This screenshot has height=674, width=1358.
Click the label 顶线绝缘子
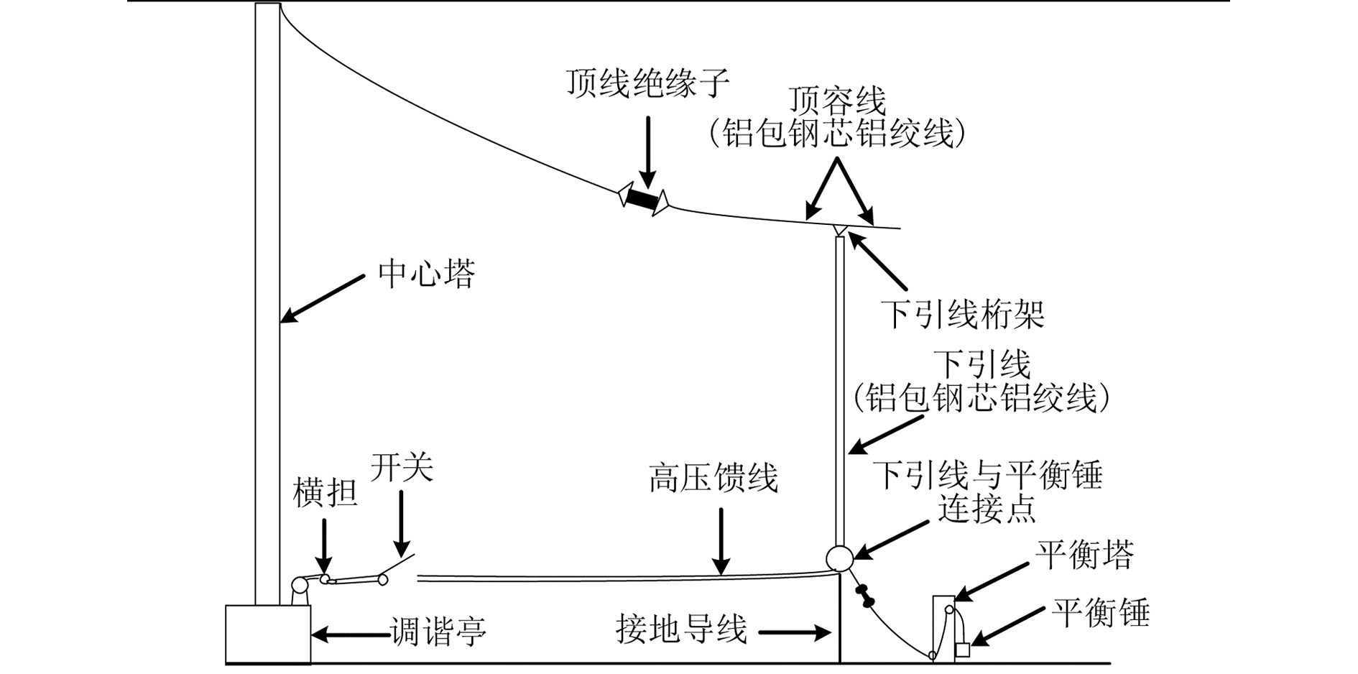647,84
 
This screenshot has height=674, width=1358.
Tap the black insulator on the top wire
643,199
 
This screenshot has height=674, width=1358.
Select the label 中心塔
427,274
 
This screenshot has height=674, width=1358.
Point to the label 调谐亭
438,632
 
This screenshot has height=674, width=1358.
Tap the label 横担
325,494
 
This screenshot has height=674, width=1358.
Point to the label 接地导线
681,629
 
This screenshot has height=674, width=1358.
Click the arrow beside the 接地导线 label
795,633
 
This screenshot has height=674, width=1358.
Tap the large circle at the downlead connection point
839,558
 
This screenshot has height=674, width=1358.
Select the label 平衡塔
1084,555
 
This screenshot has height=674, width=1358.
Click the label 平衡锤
1100,613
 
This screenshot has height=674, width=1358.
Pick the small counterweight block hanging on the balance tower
963,651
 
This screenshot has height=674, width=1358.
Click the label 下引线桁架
963,314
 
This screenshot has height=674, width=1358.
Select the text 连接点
987,509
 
